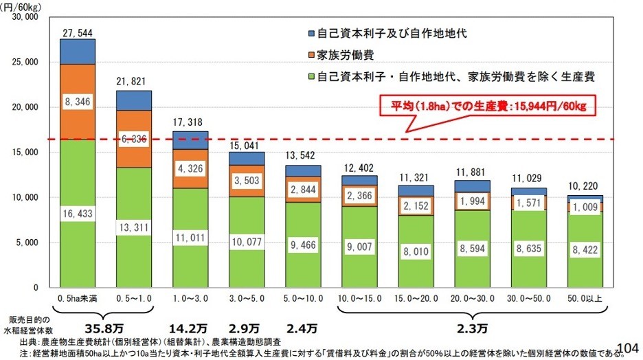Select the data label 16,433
(x=77, y=214)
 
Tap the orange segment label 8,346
(x=77, y=102)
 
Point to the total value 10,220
(x=585, y=187)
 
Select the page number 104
(x=629, y=348)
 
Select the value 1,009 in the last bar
(x=585, y=207)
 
